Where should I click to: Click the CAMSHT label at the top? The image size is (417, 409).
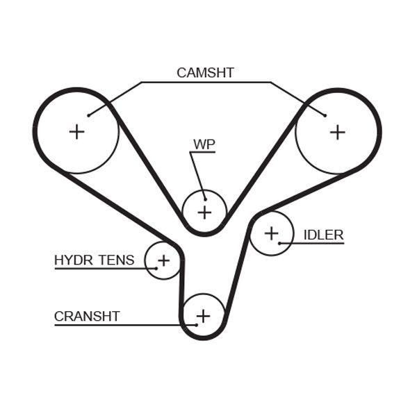(205, 72)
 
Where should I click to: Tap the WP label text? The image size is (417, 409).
(204, 144)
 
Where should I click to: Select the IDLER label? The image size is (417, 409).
(323, 235)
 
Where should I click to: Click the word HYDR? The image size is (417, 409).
(74, 260)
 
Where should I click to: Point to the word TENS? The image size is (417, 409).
(116, 260)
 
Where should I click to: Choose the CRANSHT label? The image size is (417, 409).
(87, 317)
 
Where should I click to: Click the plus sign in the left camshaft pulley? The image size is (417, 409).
(76, 131)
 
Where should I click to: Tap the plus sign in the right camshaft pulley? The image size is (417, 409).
(337, 131)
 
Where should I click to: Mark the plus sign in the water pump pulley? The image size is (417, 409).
(204, 212)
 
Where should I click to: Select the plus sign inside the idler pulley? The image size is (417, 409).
(270, 233)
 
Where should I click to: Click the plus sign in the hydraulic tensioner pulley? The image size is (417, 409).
(163, 260)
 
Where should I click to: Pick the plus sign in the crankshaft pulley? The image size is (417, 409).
(203, 317)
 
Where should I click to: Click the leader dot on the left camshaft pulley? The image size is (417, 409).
(89, 115)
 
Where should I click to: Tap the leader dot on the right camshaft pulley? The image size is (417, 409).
(325, 115)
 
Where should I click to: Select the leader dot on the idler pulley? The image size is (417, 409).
(279, 243)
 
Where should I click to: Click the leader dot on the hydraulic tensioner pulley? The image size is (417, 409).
(156, 268)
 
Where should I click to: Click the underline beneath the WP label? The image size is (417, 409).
(204, 153)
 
